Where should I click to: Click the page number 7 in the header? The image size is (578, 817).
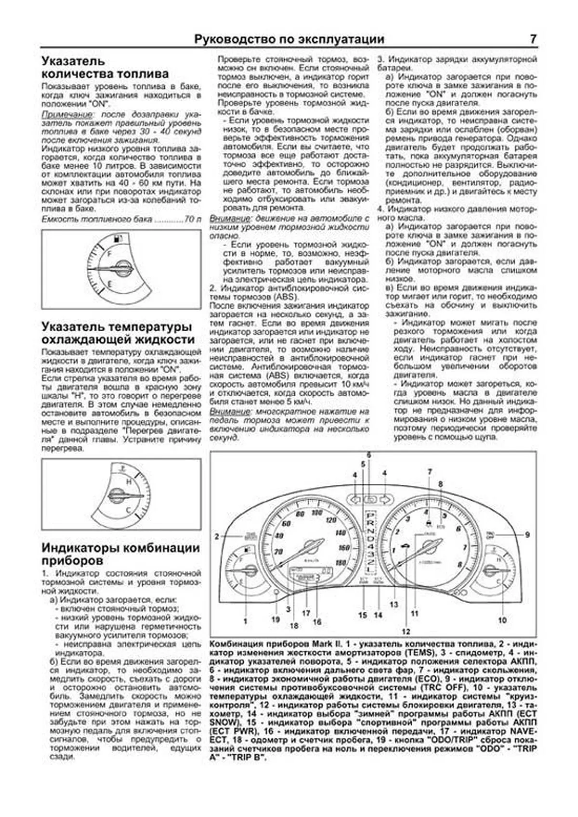coord(533,39)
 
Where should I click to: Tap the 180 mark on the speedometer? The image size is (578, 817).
coord(341,562)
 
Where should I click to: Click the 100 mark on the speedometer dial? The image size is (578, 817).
coord(316,513)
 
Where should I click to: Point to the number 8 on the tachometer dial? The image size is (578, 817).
coord(460,564)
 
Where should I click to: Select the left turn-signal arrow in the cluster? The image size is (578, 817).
coord(355,499)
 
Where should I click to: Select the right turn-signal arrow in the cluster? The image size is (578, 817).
coord(385,499)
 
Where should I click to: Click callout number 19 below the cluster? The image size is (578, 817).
coord(275,619)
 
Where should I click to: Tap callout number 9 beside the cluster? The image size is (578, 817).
coord(527,534)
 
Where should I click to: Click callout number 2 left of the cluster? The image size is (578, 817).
coord(217,536)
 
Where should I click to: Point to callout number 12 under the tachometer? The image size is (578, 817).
coord(406,631)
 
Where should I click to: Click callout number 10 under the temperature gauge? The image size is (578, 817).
coord(502,620)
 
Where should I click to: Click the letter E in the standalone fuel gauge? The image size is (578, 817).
coord(110,285)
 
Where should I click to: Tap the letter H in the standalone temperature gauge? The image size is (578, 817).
coord(129,482)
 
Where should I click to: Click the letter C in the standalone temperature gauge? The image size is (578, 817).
coord(128,510)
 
